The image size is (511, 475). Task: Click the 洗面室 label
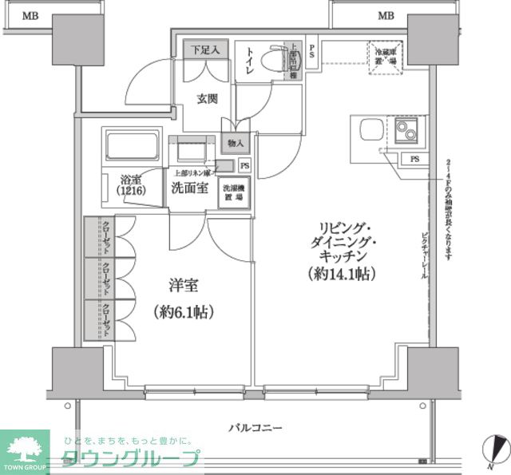(x=190, y=188)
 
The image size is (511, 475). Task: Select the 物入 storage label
(x=236, y=144)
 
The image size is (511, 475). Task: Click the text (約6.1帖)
(x=181, y=312)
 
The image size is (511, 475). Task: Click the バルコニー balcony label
(x=255, y=429)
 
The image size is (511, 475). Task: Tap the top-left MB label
(x=30, y=15)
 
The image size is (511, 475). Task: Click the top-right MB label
(x=386, y=15)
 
